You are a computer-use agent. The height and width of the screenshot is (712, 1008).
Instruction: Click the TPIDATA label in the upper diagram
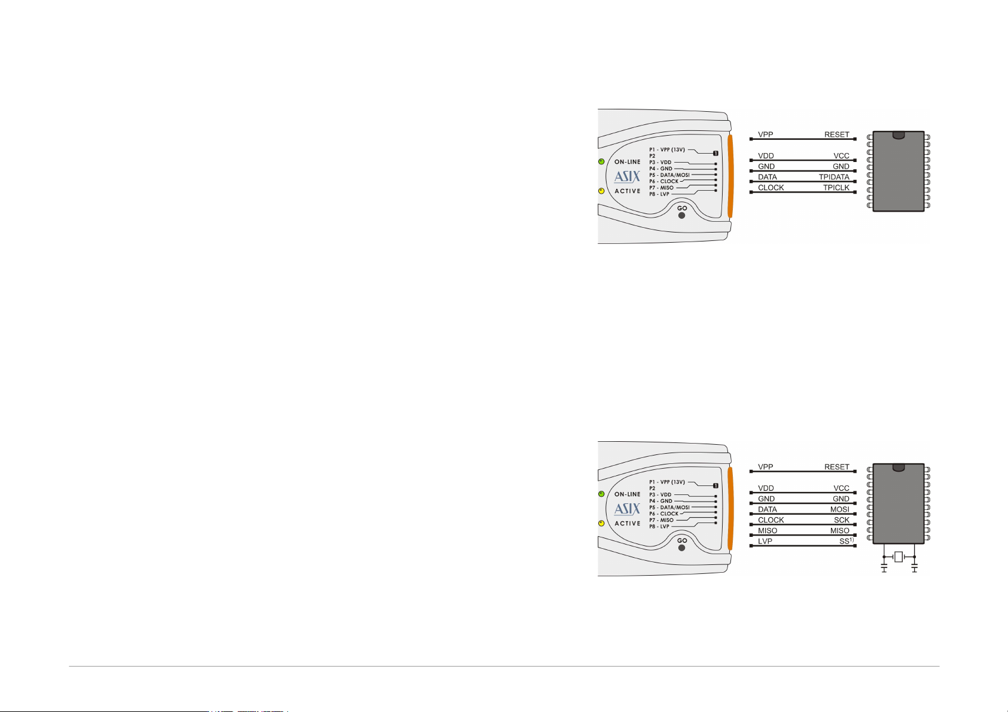834,177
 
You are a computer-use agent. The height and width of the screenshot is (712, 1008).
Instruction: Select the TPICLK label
836,188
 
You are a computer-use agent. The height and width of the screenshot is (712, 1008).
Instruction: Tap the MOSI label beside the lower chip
840,509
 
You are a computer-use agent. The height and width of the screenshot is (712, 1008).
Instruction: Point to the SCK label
842,520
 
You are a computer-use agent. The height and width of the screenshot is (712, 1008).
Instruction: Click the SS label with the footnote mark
846,541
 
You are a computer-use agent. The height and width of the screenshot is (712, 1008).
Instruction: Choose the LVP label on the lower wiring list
765,541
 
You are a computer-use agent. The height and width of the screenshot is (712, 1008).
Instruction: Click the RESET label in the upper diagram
836,135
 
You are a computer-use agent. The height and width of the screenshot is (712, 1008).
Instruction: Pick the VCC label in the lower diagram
841,488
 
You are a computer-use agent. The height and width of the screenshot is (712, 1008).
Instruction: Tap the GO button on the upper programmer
682,215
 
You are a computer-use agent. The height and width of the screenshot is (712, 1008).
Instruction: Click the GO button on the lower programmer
682,548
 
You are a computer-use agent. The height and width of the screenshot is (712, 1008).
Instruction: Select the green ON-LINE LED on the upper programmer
601,161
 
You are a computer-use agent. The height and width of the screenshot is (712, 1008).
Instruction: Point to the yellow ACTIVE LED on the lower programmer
601,523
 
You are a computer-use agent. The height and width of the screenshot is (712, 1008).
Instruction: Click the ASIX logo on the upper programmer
627,177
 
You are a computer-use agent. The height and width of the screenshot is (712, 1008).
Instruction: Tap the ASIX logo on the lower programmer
627,509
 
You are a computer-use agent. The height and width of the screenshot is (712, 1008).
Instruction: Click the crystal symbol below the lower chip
899,557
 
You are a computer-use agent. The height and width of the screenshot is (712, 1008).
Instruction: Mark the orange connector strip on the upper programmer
730,176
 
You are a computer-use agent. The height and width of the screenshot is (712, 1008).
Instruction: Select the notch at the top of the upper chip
898,135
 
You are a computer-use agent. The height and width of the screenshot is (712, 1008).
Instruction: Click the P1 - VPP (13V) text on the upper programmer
667,150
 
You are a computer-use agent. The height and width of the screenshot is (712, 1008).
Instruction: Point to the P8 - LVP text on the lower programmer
659,527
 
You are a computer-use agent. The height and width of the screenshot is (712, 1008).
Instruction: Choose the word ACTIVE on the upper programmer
628,191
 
